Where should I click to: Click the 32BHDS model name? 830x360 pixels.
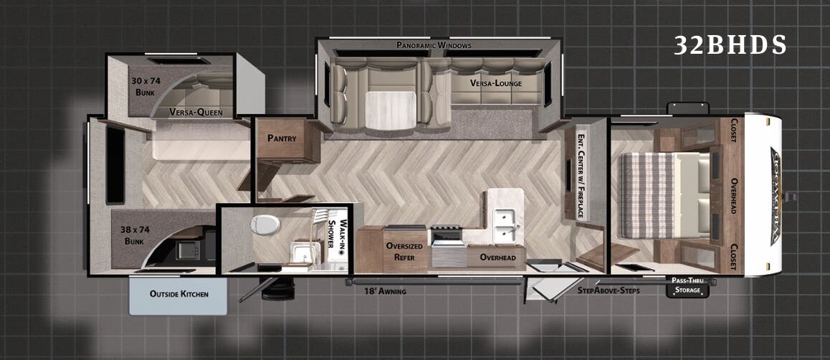click(730, 45)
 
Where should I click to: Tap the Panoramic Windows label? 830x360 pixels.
click(434, 45)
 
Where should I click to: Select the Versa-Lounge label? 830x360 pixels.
click(496, 83)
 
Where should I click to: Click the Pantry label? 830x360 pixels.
click(282, 138)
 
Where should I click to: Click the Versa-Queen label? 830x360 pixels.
click(196, 112)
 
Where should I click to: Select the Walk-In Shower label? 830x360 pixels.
click(336, 235)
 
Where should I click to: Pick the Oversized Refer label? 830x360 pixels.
click(404, 252)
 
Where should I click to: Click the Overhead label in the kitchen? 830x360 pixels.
click(497, 257)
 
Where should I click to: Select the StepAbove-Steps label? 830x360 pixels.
click(609, 290)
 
